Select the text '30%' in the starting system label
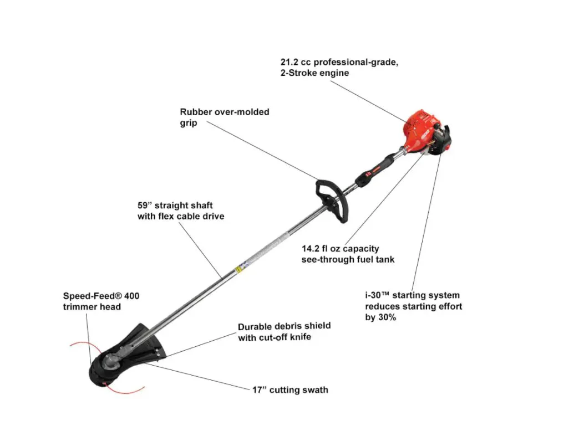tap(387, 317)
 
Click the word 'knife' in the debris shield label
tap(300, 337)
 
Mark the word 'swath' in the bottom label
tap(315, 390)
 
